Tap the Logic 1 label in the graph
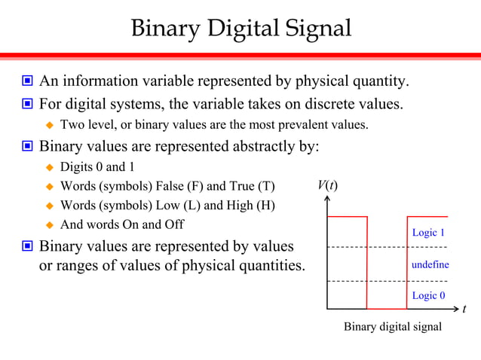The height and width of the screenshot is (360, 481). coord(428,233)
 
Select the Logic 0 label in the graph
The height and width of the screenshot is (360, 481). coord(428,295)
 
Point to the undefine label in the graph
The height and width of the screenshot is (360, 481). coord(430,264)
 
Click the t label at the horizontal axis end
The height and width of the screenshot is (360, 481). coord(464,309)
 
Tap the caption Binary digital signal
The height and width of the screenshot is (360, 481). coord(393,327)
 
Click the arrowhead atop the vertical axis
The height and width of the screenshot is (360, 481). coord(327,199)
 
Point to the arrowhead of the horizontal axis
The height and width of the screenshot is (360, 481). coord(455,309)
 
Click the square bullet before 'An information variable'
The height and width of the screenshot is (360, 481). coord(27,81)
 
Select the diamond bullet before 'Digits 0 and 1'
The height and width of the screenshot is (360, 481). coord(51,166)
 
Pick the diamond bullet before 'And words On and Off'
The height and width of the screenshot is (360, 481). coord(51,224)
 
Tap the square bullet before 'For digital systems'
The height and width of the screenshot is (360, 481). coord(27,103)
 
